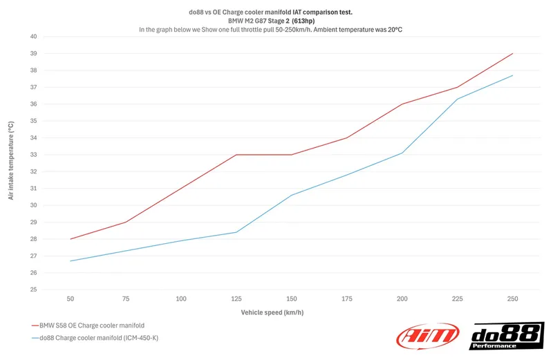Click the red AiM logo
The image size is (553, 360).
tap(427, 336)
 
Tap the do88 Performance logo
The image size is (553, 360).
tap(506, 336)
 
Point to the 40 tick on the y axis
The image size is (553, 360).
tap(33, 37)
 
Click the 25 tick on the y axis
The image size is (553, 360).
tap(33, 290)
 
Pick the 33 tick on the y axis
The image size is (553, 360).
tap(33, 155)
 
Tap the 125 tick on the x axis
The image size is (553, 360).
tap(236, 299)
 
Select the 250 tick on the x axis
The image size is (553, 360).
tap(512, 299)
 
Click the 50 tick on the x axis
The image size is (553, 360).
tap(71, 299)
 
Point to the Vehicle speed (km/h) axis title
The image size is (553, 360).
tap(272, 312)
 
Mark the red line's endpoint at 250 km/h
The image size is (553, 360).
tap(512, 53)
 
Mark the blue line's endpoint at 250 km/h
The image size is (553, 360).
tap(512, 75)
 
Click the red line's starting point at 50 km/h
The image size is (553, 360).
tap(71, 239)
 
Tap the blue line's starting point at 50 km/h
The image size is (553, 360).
tap(71, 261)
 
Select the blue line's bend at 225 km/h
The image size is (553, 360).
tap(457, 99)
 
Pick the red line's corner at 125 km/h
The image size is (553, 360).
tap(236, 155)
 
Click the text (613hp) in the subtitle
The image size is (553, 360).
tap(308, 21)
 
